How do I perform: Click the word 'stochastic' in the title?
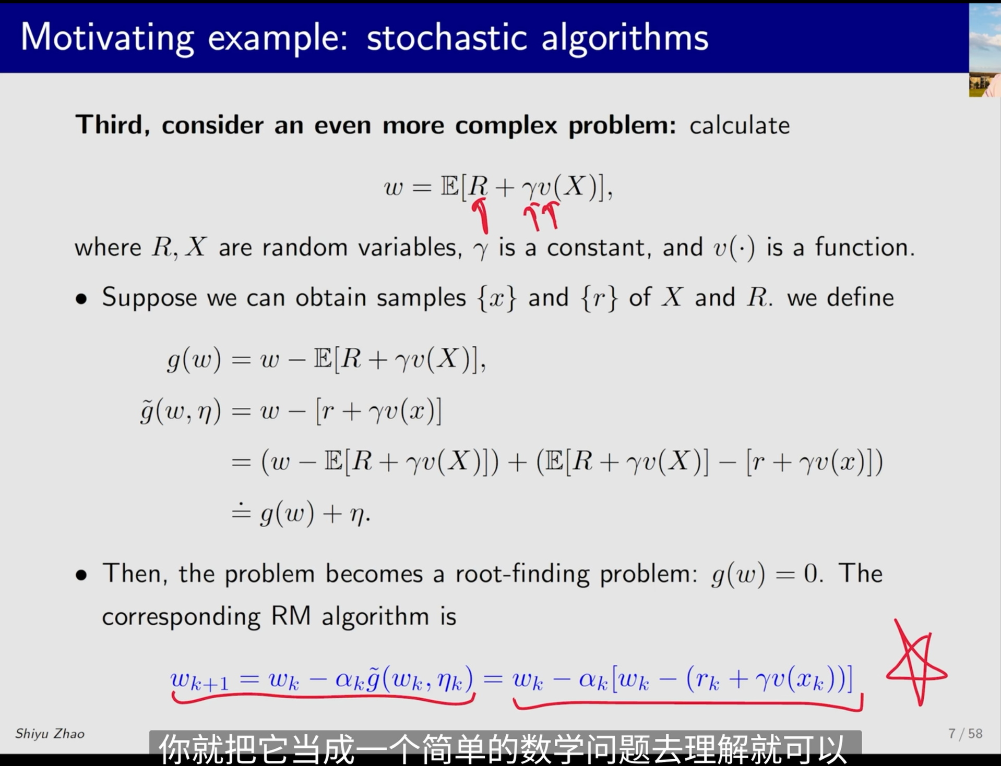click(x=446, y=38)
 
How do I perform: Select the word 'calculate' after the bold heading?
click(x=739, y=126)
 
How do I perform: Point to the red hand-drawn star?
click(x=916, y=662)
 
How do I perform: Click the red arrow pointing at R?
click(x=481, y=215)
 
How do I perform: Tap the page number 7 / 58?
click(x=965, y=734)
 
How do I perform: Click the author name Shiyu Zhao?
click(x=50, y=734)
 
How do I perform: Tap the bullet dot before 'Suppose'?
click(x=81, y=299)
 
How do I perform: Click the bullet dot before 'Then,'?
click(x=81, y=575)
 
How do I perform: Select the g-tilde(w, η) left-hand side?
click(x=181, y=411)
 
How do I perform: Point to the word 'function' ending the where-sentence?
click(x=864, y=247)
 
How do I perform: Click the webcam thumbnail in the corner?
click(x=985, y=50)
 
